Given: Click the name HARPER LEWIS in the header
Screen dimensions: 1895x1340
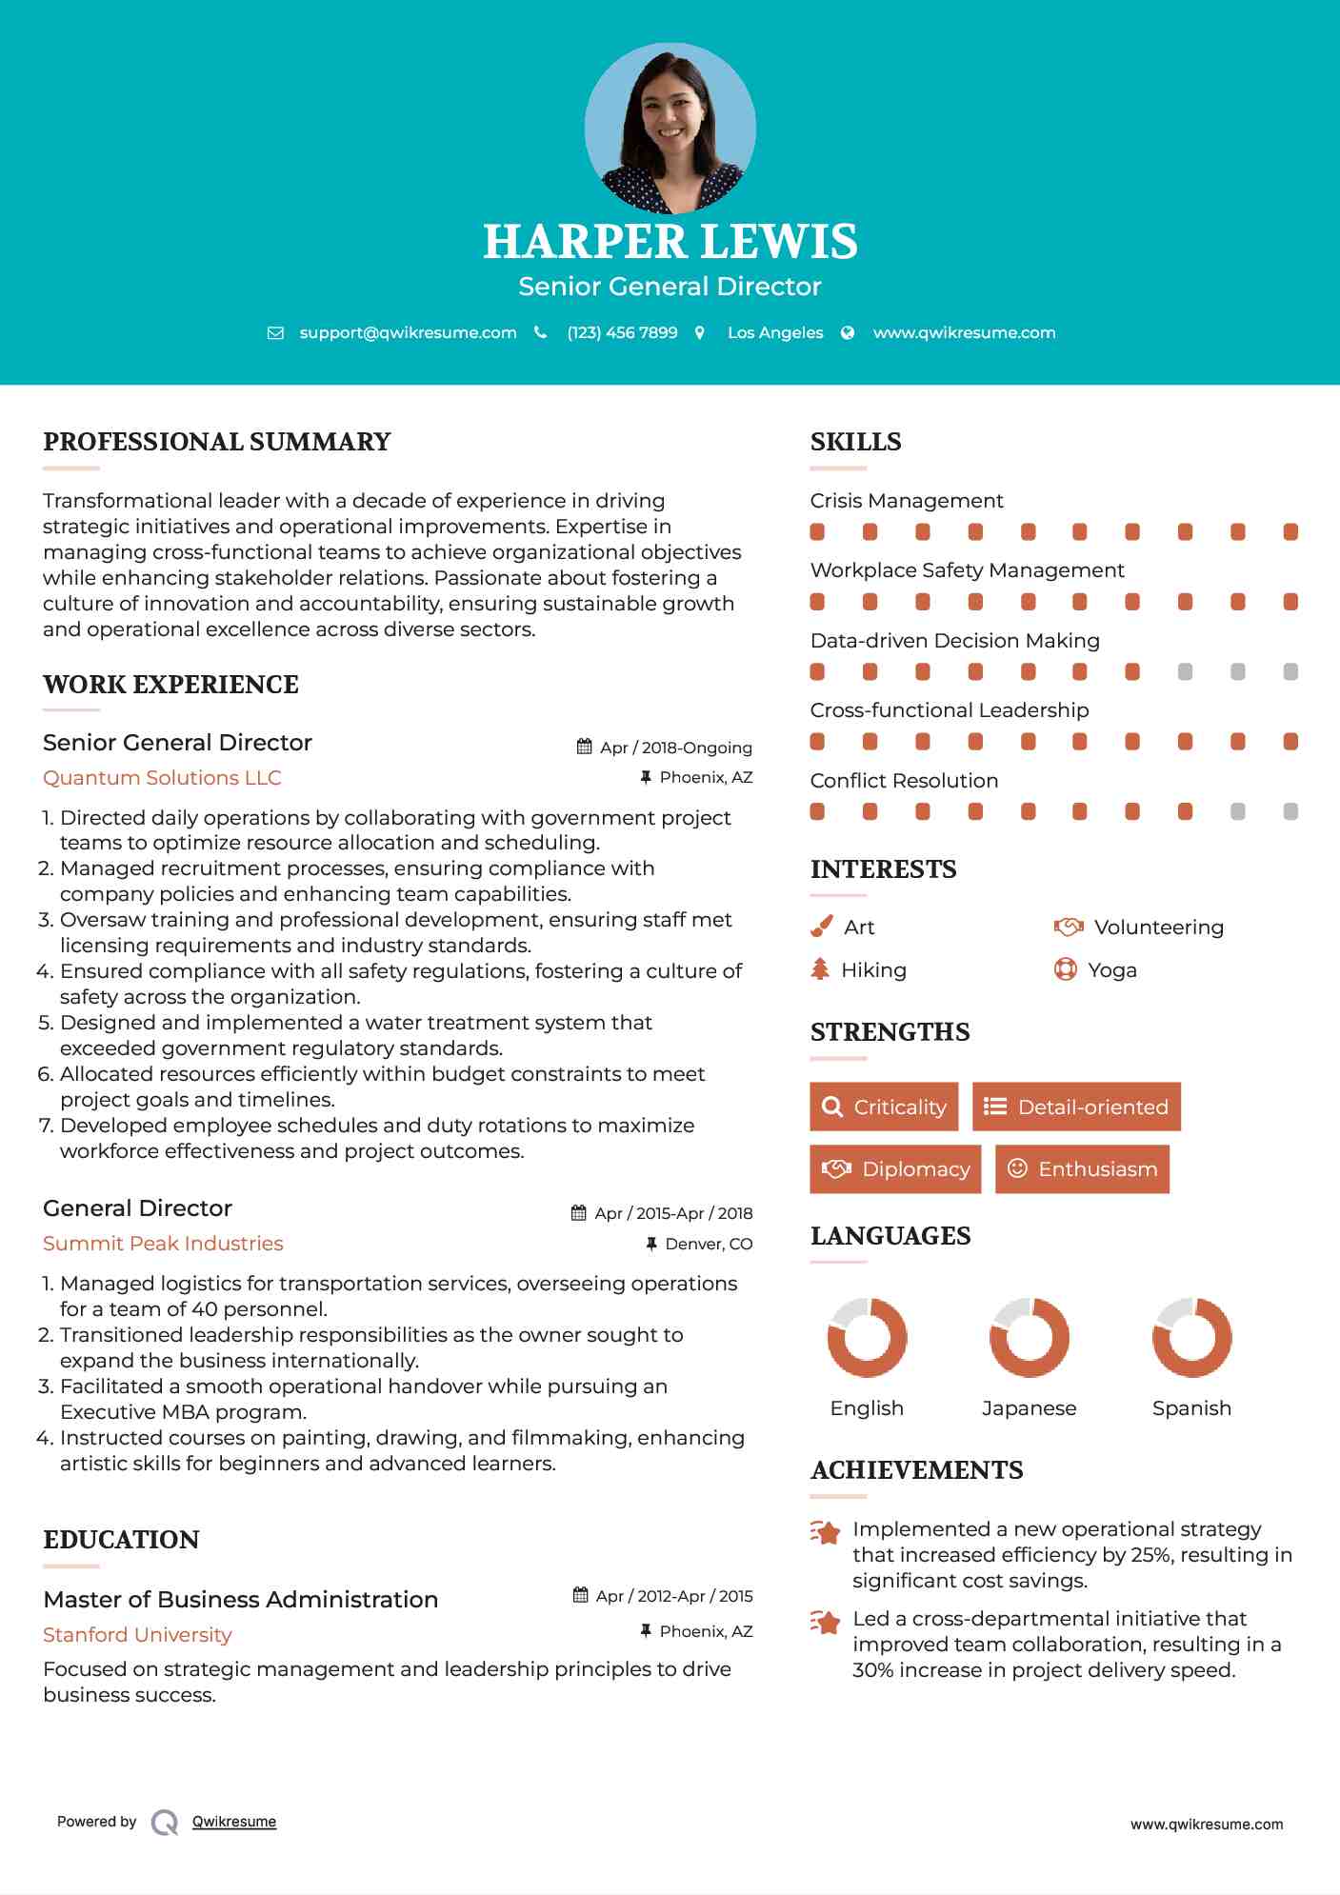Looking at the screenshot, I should tap(670, 242).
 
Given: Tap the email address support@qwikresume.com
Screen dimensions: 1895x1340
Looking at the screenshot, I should tap(408, 332).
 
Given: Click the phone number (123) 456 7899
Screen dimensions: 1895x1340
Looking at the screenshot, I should tap(622, 332).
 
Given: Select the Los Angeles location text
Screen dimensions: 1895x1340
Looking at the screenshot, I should tap(775, 332).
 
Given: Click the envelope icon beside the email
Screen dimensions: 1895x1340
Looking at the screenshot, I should tap(275, 333).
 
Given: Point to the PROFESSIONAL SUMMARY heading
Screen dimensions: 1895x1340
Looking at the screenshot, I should tap(217, 442).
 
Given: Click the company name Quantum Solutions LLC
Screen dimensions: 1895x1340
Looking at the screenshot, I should tap(162, 778).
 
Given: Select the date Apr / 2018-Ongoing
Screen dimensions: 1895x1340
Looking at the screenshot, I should tap(675, 748).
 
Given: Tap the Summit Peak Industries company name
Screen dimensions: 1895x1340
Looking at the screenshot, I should tap(163, 1244).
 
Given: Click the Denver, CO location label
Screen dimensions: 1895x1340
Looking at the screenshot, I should tap(709, 1244).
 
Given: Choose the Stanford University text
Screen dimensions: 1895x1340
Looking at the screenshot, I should tap(137, 1635).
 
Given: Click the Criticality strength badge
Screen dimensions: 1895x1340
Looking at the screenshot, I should tap(884, 1107).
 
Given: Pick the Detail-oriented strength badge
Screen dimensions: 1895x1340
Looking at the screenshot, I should tap(1076, 1107).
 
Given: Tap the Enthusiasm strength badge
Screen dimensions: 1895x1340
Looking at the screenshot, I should tap(1082, 1168).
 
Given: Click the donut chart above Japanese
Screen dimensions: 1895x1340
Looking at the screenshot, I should tap(1029, 1337).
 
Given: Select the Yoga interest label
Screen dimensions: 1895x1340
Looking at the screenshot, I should tap(1112, 970).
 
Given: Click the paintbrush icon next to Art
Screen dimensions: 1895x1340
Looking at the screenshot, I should tap(821, 927).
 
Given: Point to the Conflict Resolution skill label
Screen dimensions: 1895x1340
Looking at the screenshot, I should tap(904, 781).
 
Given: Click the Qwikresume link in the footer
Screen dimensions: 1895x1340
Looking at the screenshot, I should tap(234, 1822).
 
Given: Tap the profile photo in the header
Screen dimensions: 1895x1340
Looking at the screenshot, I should tap(670, 129).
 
